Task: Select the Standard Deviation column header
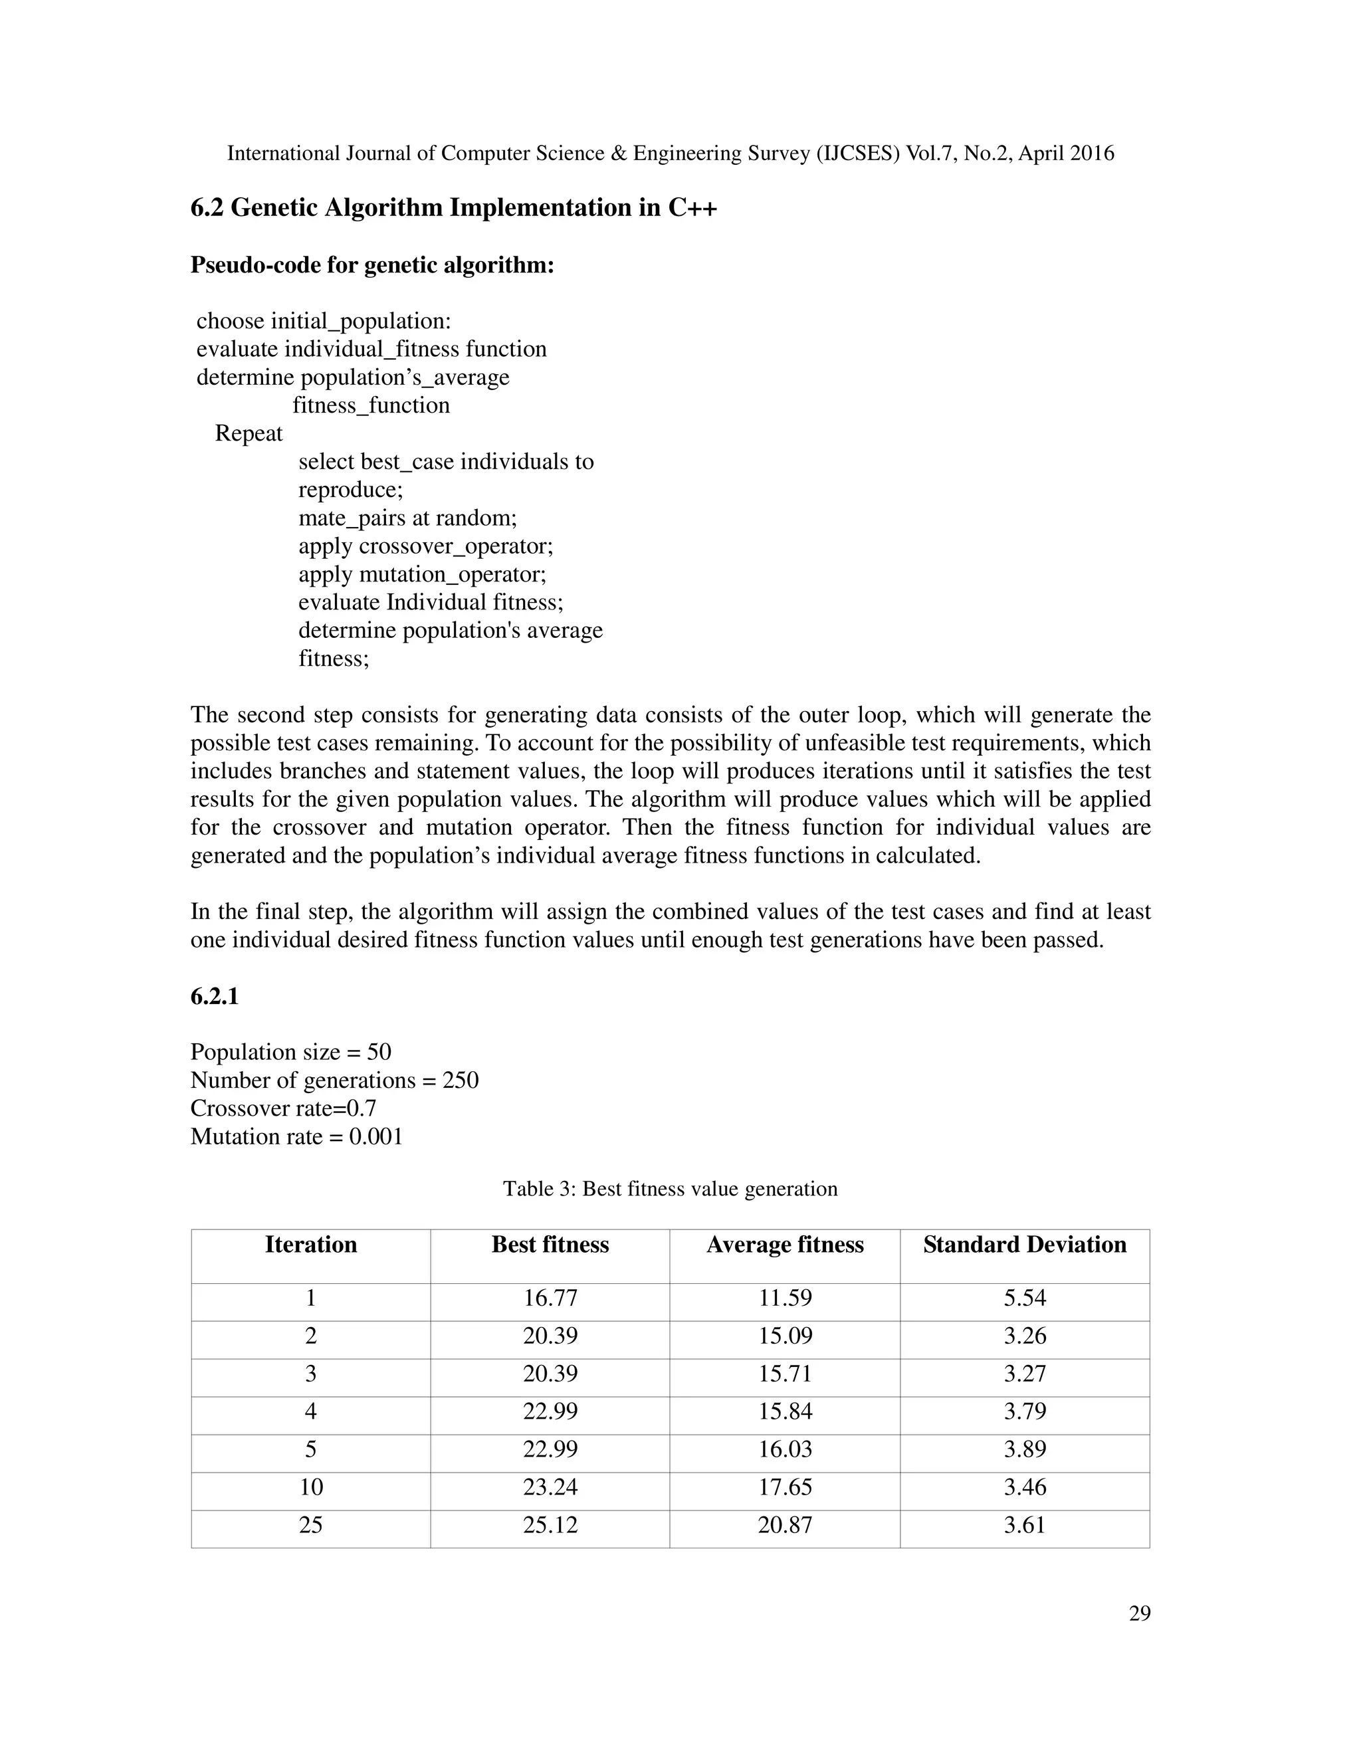pos(1024,1245)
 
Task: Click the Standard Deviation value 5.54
pos(1024,1298)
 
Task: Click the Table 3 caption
pos(670,1190)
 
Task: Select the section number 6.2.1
pos(215,997)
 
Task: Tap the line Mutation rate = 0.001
pos(296,1137)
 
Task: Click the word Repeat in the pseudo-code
pos(249,434)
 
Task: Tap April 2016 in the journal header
pos(1066,154)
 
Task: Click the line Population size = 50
pos(290,1052)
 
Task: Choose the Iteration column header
pos(311,1245)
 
